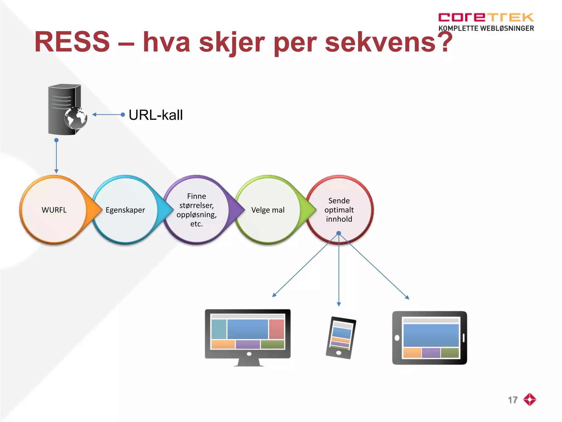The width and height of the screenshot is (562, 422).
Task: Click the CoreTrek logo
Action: (x=486, y=17)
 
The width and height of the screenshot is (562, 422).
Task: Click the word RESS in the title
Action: (x=72, y=42)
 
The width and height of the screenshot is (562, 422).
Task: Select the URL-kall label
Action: (x=156, y=115)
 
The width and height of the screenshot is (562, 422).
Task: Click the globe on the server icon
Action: (x=76, y=118)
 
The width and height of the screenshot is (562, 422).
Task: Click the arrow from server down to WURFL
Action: (x=56, y=157)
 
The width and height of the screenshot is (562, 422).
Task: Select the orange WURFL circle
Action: (x=54, y=210)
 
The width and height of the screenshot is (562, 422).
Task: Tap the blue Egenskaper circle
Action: (x=125, y=210)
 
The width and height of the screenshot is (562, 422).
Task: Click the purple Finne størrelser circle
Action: (x=196, y=210)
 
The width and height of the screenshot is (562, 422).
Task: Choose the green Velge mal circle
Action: (x=268, y=210)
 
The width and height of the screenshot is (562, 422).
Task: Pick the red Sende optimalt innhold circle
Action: (x=339, y=210)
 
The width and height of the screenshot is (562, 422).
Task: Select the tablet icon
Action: (x=430, y=338)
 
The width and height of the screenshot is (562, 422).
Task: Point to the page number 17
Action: (x=512, y=400)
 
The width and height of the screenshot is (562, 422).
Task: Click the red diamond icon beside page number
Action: (x=530, y=399)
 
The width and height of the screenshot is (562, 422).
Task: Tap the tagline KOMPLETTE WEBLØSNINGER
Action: (x=486, y=28)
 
